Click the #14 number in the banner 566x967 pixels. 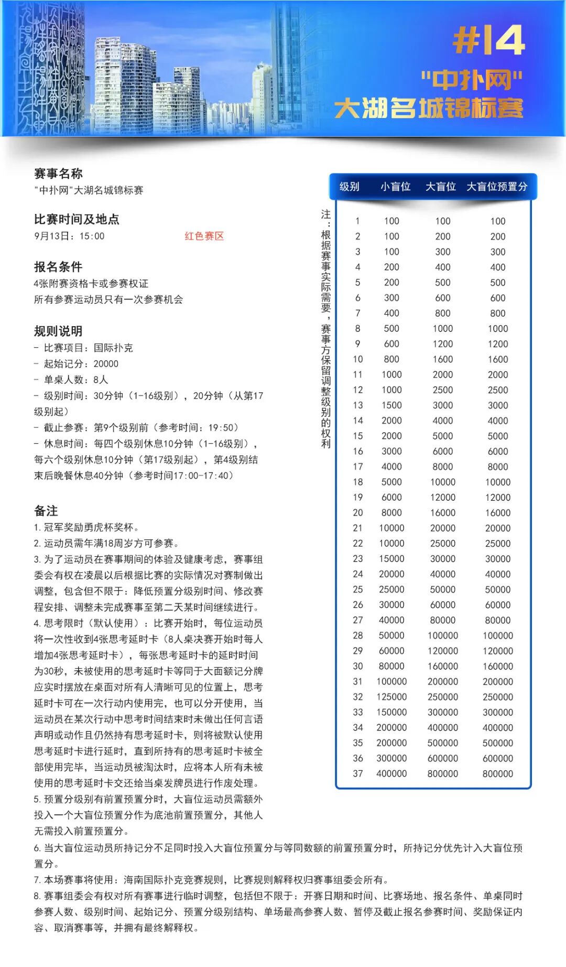click(x=488, y=41)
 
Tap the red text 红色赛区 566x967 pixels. click(x=204, y=236)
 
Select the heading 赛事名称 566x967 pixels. click(x=58, y=174)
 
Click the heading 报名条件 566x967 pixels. click(x=58, y=266)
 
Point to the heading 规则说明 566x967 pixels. click(x=58, y=331)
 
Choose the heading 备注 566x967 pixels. click(x=46, y=511)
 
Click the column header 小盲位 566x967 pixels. click(x=395, y=187)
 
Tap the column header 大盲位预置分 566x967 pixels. click(x=497, y=187)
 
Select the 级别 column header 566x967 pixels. click(x=349, y=187)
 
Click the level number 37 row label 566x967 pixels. click(x=358, y=773)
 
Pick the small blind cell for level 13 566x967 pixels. click(x=391, y=405)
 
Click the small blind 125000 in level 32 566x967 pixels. click(x=391, y=697)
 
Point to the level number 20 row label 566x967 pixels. click(x=358, y=513)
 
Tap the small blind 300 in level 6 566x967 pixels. click(x=391, y=298)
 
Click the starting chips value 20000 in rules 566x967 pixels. click(x=106, y=364)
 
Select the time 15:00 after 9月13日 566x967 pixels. click(x=92, y=237)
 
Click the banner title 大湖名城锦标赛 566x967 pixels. click(x=429, y=109)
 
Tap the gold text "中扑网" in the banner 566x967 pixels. click(x=472, y=80)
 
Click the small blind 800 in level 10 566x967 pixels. click(x=391, y=359)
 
